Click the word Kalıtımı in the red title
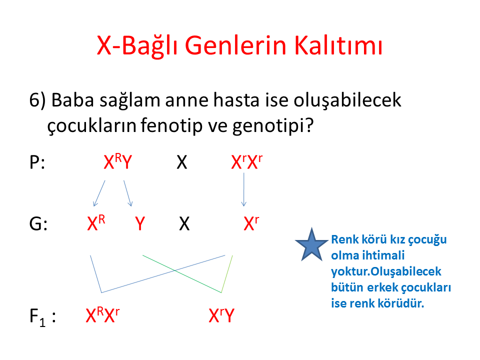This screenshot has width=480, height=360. tap(338, 45)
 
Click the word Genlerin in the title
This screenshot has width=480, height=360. tap(235, 45)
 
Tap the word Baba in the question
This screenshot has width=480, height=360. tap(72, 100)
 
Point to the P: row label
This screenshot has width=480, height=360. tap(37, 162)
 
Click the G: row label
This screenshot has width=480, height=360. tap(38, 224)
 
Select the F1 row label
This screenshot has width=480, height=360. tap(42, 317)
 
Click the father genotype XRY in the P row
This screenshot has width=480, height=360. tap(118, 161)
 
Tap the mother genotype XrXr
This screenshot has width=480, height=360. tap(246, 161)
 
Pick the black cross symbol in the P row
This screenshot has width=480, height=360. tap(182, 162)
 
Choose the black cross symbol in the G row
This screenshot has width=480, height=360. tap(184, 224)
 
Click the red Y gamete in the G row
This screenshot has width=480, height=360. tap(140, 224)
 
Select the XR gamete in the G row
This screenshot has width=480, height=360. tap(96, 223)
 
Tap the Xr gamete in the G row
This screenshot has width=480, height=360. tap(251, 223)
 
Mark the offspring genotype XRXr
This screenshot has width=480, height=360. tap(102, 315)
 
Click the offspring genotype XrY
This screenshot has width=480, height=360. tap(221, 315)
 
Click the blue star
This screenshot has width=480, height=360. tap(311, 245)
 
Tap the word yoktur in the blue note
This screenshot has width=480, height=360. tap(350, 271)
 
